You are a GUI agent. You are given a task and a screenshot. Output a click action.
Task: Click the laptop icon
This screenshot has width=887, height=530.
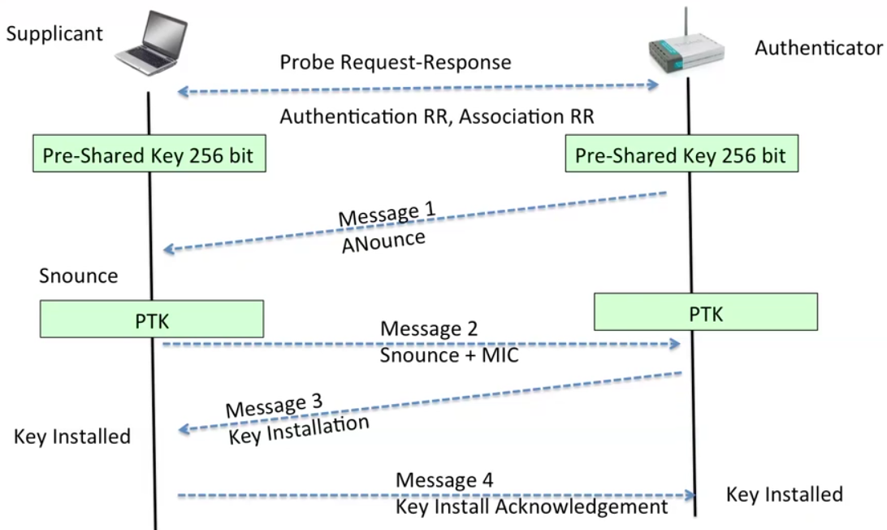(x=151, y=43)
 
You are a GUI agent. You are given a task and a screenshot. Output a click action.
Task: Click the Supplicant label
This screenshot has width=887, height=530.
(x=54, y=34)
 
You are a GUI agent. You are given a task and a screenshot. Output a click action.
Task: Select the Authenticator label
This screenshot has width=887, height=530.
(x=819, y=48)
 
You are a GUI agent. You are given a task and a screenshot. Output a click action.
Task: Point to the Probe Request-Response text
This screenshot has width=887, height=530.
(x=396, y=63)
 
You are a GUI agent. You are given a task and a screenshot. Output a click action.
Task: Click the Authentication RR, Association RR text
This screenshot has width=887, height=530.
(x=437, y=116)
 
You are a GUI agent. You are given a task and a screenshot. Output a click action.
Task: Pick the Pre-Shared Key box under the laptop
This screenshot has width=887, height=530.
(x=149, y=154)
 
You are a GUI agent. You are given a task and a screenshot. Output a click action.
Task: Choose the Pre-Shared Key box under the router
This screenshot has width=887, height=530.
(x=681, y=154)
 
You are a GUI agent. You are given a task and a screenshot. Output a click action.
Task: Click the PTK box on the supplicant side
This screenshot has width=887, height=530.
(x=152, y=319)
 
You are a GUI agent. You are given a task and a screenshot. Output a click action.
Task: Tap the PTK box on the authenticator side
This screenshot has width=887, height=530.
(x=705, y=312)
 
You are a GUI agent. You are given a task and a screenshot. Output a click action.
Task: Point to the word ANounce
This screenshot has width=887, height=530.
(x=383, y=241)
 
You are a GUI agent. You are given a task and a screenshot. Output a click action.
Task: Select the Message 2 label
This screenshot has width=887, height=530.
(x=429, y=328)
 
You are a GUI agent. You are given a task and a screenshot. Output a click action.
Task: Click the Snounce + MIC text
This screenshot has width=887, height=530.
(x=449, y=355)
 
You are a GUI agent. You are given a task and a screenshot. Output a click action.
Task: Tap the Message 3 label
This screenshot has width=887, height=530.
(x=274, y=406)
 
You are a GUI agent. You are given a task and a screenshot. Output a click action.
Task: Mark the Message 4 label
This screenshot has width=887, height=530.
(x=444, y=480)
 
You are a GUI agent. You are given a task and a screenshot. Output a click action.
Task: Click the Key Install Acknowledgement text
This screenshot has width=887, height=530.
(x=532, y=506)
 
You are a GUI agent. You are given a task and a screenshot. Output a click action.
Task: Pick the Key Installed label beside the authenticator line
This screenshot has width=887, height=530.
(x=785, y=494)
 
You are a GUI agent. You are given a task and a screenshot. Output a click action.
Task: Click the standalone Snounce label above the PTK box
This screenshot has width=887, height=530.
(x=79, y=276)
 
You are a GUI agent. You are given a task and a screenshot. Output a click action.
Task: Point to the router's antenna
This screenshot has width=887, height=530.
(x=686, y=24)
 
